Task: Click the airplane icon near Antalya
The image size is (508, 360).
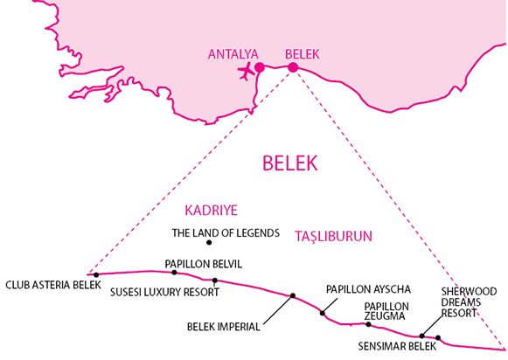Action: pyautogui.click(x=246, y=71)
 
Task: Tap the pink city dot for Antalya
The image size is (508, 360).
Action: pyautogui.click(x=260, y=67)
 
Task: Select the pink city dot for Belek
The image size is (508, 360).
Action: pyautogui.click(x=293, y=67)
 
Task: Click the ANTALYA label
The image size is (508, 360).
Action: pyautogui.click(x=233, y=54)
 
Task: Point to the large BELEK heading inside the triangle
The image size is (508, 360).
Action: pyautogui.click(x=290, y=163)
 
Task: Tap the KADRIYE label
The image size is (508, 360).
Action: pyautogui.click(x=212, y=211)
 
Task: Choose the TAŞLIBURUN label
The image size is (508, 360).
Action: pyautogui.click(x=333, y=236)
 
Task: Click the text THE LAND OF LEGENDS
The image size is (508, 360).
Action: pyautogui.click(x=226, y=232)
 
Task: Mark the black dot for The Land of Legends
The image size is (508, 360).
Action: pyautogui.click(x=209, y=243)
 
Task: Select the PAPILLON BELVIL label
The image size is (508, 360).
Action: pyautogui.click(x=204, y=264)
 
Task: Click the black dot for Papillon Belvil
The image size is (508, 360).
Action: pyautogui.click(x=174, y=273)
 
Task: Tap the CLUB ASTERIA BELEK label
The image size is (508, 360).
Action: pyautogui.click(x=53, y=285)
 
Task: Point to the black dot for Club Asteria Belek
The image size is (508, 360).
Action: pyautogui.click(x=96, y=275)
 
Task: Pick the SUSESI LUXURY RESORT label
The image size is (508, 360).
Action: pyautogui.click(x=164, y=292)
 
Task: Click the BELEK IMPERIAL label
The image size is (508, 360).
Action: pyautogui.click(x=224, y=327)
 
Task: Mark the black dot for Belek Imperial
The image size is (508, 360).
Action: pyautogui.click(x=293, y=295)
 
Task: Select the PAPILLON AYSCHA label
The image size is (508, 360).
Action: pyautogui.click(x=368, y=289)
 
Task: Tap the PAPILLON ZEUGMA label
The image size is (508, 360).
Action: pyautogui.click(x=386, y=311)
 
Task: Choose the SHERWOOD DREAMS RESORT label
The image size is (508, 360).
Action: pyautogui.click(x=469, y=302)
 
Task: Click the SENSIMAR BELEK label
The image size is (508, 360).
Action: pyautogui.click(x=397, y=346)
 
